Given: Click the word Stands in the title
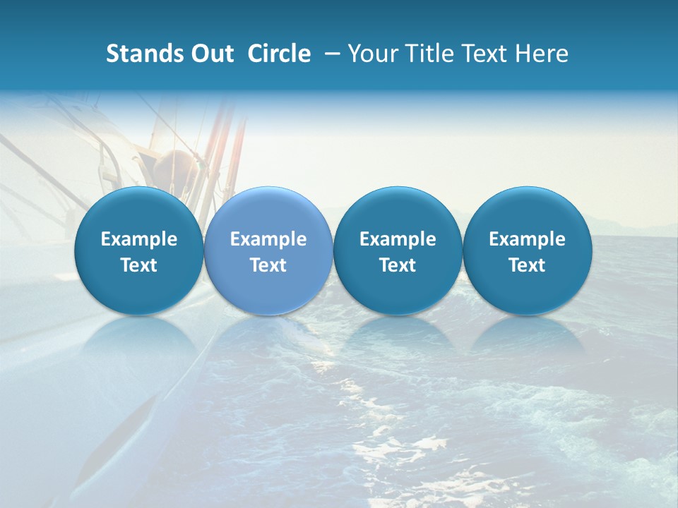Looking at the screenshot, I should coord(142,54).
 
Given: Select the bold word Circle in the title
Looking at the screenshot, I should coord(279,54).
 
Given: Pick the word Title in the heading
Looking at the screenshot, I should coord(425,54).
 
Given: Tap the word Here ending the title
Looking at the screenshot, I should coord(542,54).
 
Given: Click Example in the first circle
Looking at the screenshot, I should coord(139,239).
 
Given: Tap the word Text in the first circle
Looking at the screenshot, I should coord(139,265).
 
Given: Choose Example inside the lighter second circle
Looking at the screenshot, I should coord(268,239).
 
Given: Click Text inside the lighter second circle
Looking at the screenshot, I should coord(268,265).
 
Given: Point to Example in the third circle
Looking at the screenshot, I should coord(398,239).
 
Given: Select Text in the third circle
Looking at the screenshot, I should coord(398,265).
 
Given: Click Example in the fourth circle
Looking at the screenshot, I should coord(527,239).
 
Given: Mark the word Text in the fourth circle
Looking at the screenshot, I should coord(527,265).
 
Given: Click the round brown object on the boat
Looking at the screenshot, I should coord(173,169).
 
